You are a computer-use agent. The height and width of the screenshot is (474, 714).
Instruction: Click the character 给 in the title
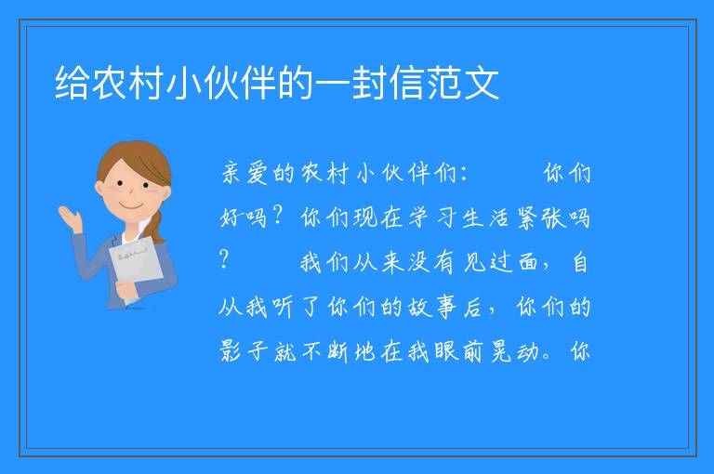click(73, 83)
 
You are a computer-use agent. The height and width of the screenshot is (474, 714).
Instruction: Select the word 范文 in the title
click(463, 83)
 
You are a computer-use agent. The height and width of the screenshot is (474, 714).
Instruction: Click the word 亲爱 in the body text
click(245, 173)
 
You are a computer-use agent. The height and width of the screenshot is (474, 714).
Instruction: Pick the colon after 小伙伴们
click(464, 175)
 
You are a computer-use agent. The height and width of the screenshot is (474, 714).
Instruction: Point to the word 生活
click(485, 217)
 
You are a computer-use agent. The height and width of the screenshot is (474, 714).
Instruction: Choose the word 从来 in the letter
click(379, 262)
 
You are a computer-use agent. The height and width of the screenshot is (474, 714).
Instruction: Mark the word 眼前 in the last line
click(458, 351)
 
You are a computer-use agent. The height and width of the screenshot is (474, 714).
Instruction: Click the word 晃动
click(514, 351)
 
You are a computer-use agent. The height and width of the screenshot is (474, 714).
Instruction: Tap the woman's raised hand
click(70, 218)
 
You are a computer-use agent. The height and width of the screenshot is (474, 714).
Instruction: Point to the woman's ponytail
click(157, 227)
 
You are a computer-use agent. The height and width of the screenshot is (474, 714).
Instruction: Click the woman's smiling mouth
click(131, 206)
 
